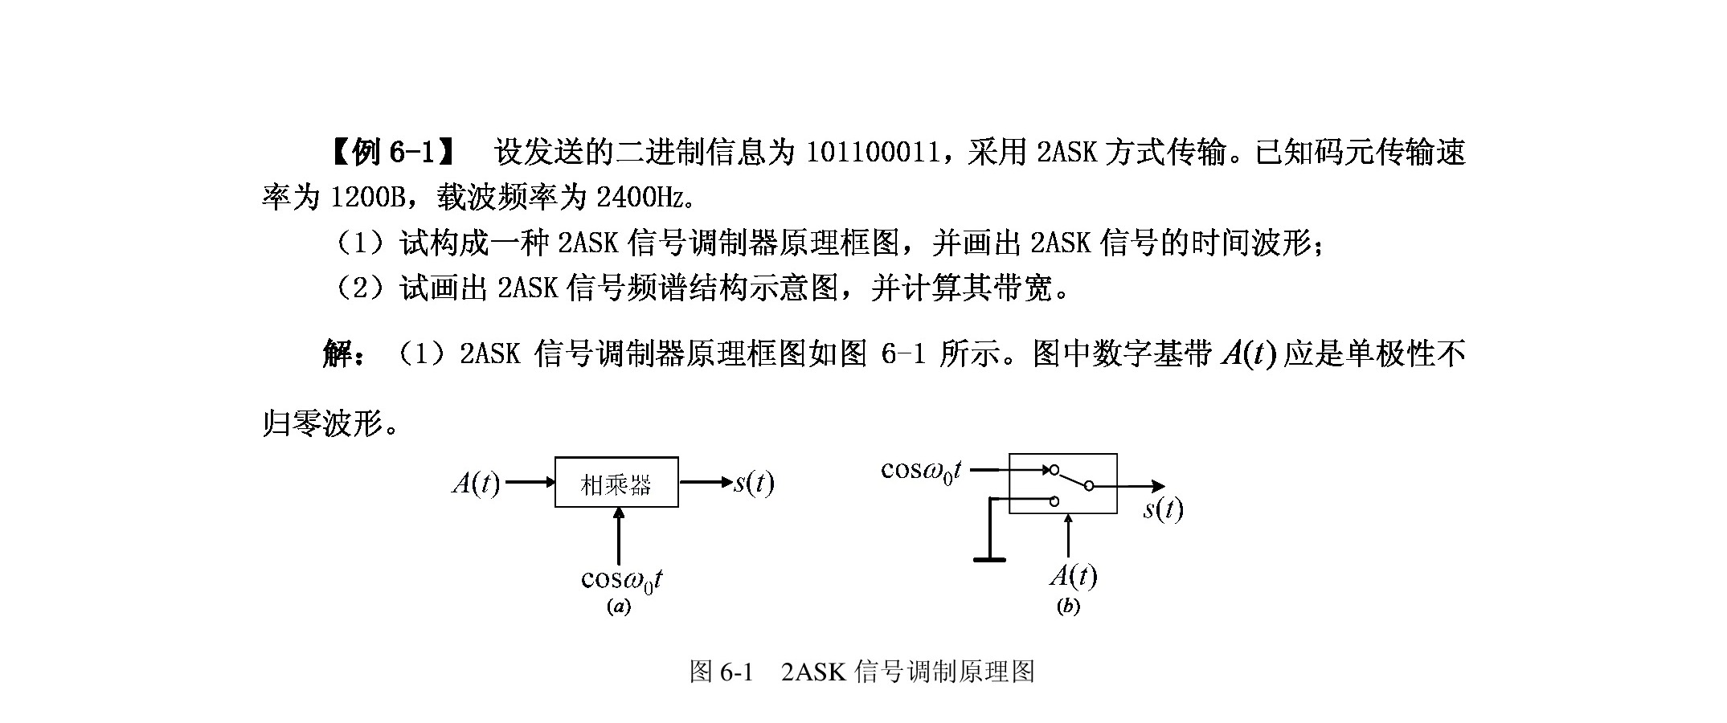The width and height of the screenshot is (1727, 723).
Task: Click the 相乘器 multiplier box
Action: click(x=616, y=482)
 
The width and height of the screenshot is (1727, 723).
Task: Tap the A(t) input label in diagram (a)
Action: click(x=476, y=483)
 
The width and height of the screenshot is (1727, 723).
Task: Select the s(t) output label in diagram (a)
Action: click(x=754, y=482)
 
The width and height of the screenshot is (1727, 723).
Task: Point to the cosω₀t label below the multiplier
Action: click(x=622, y=580)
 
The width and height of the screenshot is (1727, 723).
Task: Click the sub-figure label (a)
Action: click(x=618, y=607)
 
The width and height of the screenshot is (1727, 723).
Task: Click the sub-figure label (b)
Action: click(x=1068, y=607)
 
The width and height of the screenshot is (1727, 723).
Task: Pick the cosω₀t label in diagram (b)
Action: click(x=922, y=471)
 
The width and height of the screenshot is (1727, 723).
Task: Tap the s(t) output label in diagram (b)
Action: click(x=1164, y=509)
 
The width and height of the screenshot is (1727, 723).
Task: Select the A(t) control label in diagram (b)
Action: click(x=1074, y=576)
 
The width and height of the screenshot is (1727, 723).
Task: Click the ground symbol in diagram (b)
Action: click(x=989, y=559)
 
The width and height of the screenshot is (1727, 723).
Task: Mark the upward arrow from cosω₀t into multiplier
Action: click(x=618, y=538)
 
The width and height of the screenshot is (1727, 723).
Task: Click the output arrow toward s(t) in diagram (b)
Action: click(x=1129, y=486)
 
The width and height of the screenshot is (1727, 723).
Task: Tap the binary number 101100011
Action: click(x=873, y=151)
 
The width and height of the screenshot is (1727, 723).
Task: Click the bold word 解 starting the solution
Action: click(x=338, y=353)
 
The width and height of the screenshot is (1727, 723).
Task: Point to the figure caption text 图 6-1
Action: click(x=722, y=672)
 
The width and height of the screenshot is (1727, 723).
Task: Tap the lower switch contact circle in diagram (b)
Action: click(x=1054, y=502)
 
